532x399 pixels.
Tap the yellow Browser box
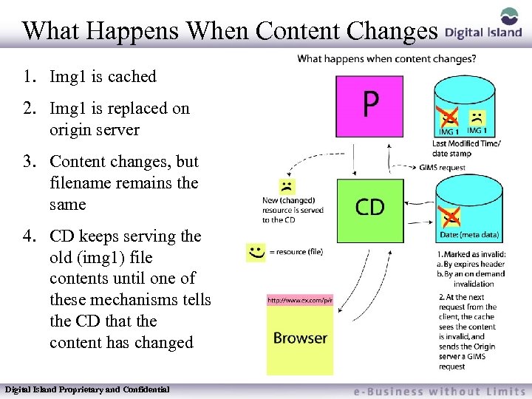(x=300, y=338)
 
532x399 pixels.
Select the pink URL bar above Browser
(x=300, y=300)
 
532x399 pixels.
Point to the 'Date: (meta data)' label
(x=470, y=235)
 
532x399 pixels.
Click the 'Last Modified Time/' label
(x=466, y=143)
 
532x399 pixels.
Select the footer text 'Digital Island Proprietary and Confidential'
(x=87, y=389)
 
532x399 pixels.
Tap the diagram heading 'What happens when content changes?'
(x=386, y=59)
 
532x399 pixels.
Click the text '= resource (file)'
(x=296, y=252)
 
